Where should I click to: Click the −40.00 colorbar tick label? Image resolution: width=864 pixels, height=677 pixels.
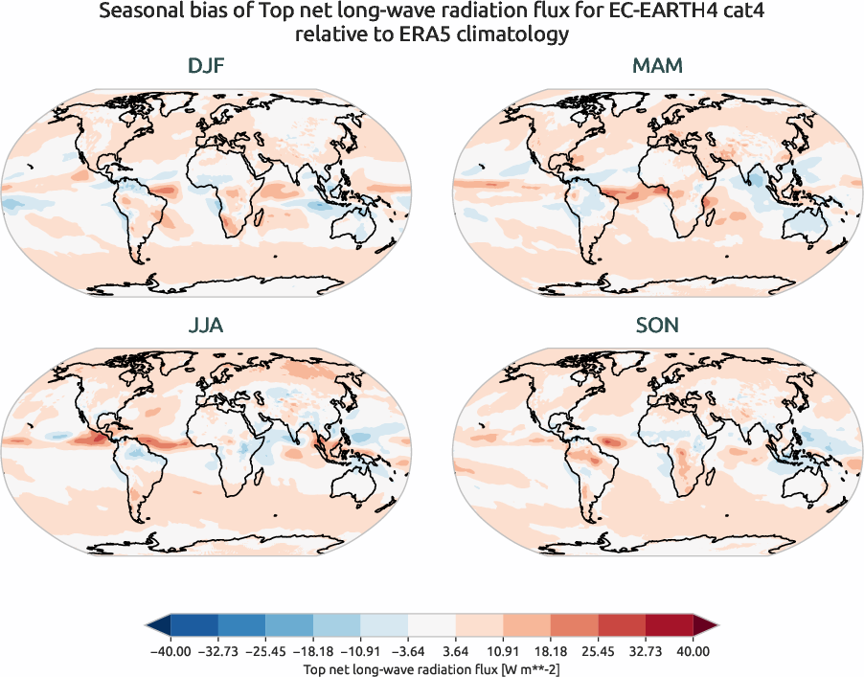[x=171, y=651]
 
